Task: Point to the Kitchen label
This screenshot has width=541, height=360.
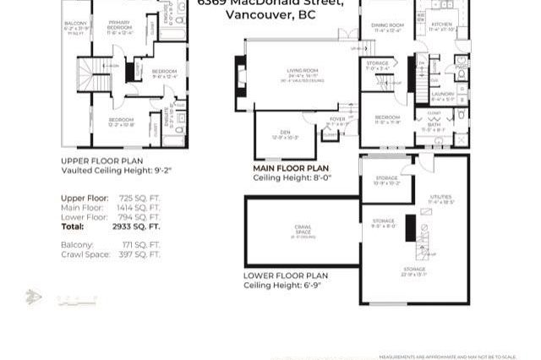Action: tap(442, 26)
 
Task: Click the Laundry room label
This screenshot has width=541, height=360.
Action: tap(442, 95)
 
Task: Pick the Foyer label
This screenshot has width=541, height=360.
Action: tap(337, 120)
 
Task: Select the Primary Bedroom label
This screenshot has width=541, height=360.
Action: tap(119, 29)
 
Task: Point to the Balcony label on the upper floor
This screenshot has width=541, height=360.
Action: tap(75, 24)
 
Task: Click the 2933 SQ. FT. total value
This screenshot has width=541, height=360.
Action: tap(136, 226)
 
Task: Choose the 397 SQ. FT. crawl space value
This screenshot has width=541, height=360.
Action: tap(137, 254)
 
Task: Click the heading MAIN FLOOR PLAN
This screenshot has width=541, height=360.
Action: tap(291, 168)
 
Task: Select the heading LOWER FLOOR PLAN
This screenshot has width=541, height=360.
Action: tap(286, 275)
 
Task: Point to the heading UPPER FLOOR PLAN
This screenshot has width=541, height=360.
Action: tap(101, 161)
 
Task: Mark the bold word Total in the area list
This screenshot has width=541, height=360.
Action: tap(73, 226)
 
